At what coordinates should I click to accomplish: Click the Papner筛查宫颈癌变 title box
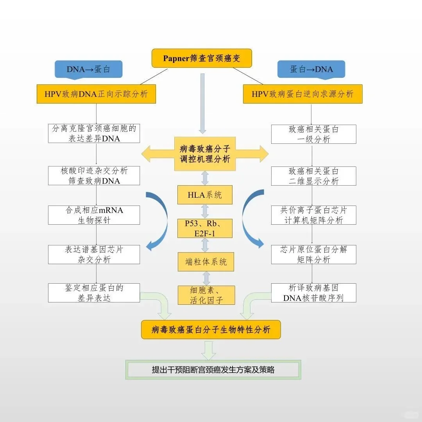(202, 58)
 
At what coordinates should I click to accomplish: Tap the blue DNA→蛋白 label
(89, 69)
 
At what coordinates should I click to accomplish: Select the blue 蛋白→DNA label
(311, 69)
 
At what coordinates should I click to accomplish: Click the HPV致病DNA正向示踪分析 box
(96, 94)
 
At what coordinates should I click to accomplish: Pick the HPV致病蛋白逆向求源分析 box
(302, 94)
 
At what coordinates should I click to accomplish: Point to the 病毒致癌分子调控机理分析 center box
(205, 154)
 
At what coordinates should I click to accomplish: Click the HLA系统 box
(205, 195)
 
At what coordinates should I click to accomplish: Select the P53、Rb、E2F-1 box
(205, 229)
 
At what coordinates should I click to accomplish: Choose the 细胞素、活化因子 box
(207, 295)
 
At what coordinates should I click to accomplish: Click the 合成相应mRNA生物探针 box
(94, 215)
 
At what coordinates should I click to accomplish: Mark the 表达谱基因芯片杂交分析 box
(94, 254)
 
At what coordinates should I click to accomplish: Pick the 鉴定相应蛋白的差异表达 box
(94, 293)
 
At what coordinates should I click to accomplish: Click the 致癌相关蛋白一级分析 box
(314, 134)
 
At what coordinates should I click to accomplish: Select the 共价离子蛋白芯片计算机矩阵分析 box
(314, 215)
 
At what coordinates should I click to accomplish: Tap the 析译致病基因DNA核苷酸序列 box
(314, 293)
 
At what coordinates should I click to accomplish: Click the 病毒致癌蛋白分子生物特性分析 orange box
(211, 329)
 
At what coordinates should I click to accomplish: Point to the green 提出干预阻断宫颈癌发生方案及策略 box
(213, 370)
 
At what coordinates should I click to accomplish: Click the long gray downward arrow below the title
(202, 104)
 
